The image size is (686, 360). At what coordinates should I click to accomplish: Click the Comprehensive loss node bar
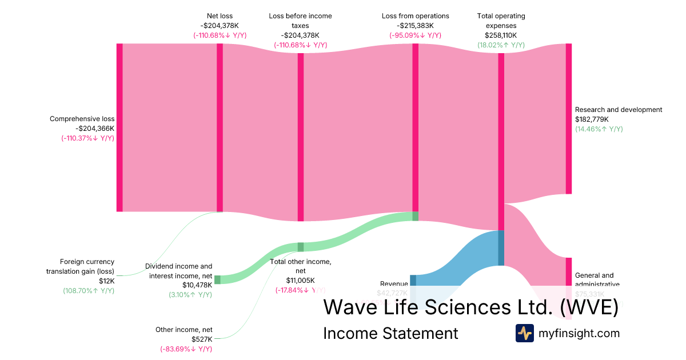pyautogui.click(x=119, y=127)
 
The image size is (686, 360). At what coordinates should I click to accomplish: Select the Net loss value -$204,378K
pyautogui.click(x=220, y=25)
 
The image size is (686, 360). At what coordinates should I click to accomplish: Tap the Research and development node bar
pyautogui.click(x=568, y=119)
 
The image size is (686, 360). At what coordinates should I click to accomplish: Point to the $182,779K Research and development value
pyautogui.click(x=592, y=119)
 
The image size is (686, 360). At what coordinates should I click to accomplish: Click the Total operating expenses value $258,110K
pyautogui.click(x=501, y=35)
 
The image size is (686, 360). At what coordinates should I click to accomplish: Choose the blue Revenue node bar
pyautogui.click(x=413, y=281)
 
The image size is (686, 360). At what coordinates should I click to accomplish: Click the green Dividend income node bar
pyautogui.click(x=217, y=279)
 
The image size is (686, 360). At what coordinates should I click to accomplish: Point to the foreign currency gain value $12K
pyautogui.click(x=106, y=281)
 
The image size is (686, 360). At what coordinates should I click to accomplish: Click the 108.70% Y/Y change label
pyautogui.click(x=89, y=291)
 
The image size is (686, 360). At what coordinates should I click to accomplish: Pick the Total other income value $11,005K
pyautogui.click(x=300, y=281)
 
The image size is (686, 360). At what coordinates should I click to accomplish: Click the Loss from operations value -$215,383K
pyautogui.click(x=415, y=25)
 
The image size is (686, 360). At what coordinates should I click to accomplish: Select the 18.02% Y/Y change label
pyautogui.click(x=501, y=45)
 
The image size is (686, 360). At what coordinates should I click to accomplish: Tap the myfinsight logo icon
pyautogui.click(x=525, y=333)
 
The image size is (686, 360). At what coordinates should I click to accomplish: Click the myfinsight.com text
pyautogui.click(x=579, y=333)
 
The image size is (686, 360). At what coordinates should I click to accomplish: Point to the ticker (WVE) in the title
pyautogui.click(x=589, y=307)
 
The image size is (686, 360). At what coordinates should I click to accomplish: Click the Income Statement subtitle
pyautogui.click(x=390, y=333)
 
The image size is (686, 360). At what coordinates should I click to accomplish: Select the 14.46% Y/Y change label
pyautogui.click(x=599, y=129)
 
